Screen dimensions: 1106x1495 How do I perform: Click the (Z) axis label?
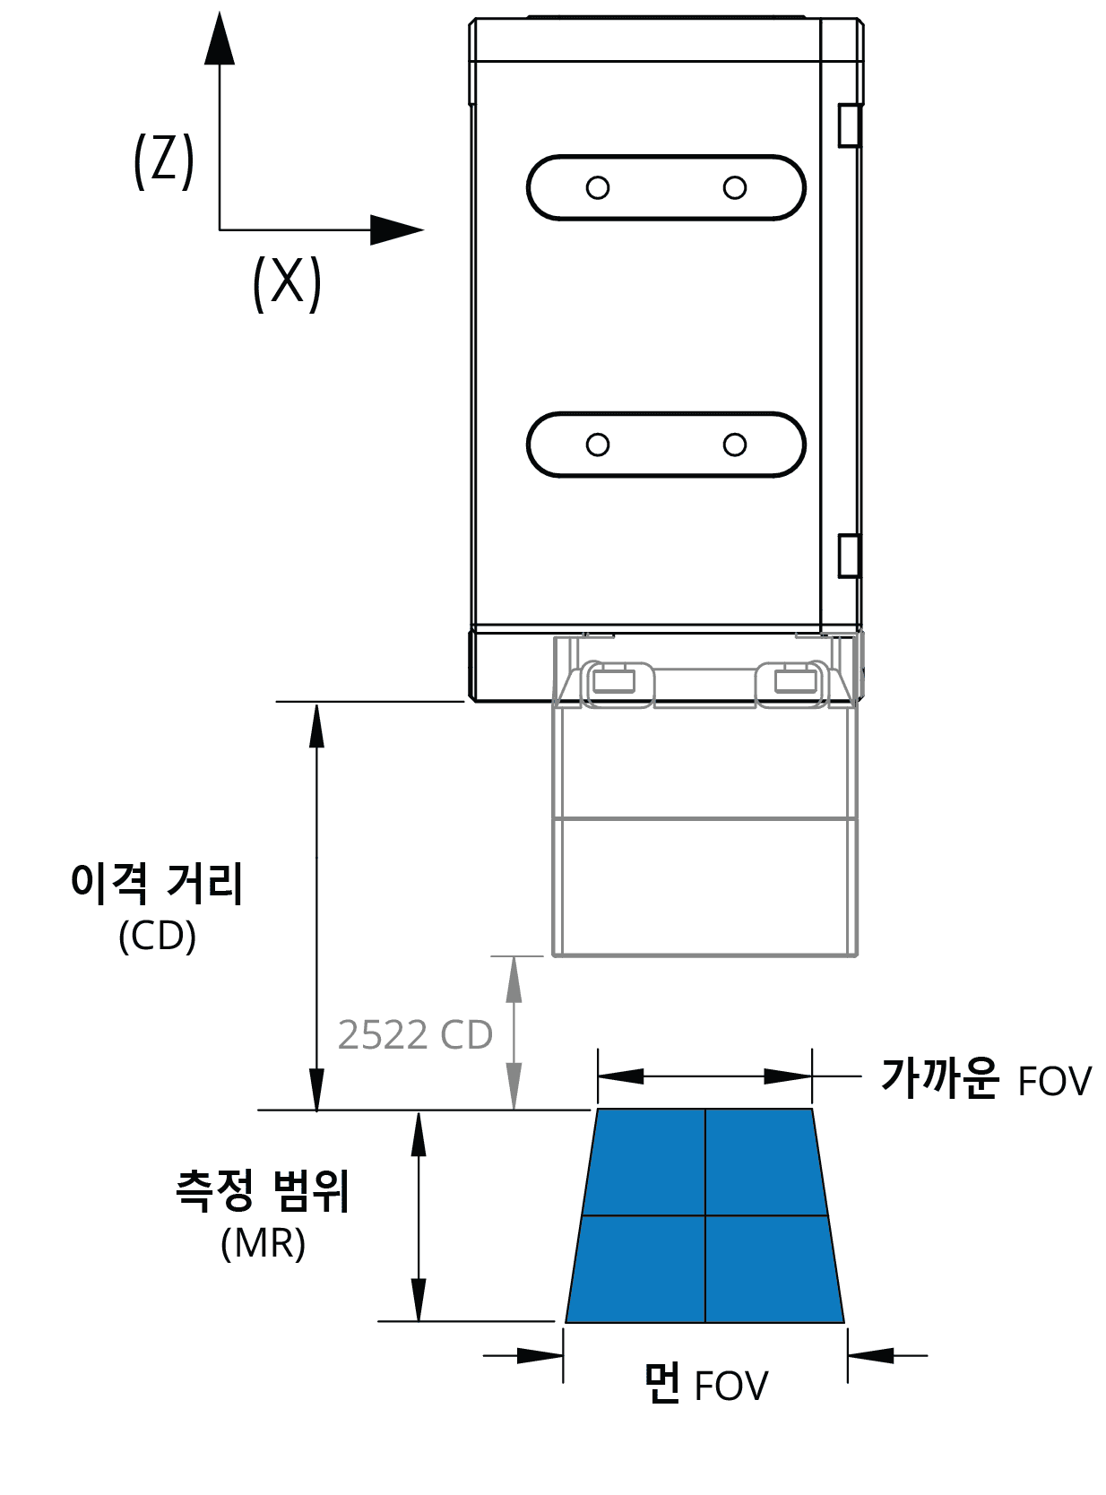(164, 161)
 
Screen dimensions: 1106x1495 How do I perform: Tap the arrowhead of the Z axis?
(220, 38)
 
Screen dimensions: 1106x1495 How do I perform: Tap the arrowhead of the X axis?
(397, 229)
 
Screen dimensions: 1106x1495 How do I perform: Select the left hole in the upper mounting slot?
(598, 187)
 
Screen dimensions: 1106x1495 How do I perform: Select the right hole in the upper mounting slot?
(735, 187)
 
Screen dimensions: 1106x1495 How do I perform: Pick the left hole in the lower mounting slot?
(598, 445)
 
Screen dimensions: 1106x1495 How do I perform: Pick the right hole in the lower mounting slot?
(735, 445)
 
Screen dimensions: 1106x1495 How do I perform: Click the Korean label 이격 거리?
(157, 882)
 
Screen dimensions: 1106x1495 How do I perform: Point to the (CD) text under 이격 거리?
(157, 936)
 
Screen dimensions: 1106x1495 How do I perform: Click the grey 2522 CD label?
(415, 1034)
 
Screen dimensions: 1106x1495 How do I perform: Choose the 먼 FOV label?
(705, 1385)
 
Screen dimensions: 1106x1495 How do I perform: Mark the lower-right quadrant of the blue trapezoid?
(771, 1268)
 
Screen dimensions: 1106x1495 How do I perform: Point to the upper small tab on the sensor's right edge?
(849, 125)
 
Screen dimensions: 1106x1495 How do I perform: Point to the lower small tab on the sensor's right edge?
(849, 556)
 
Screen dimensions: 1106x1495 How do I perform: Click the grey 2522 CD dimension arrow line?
(514, 1033)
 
